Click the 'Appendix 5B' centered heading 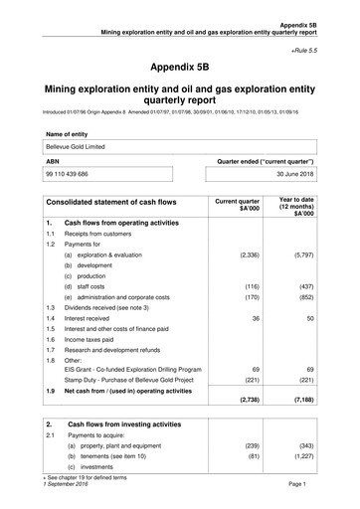tap(180, 68)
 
